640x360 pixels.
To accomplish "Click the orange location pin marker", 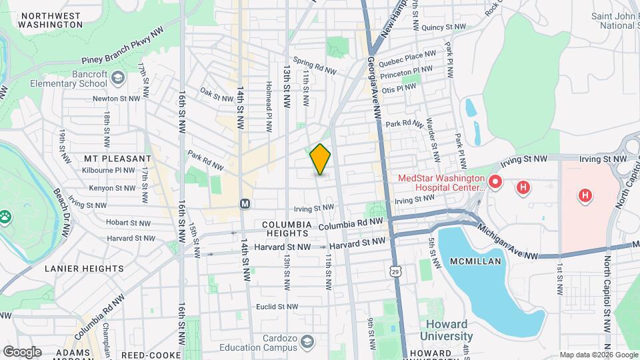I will pyautogui.click(x=321, y=159).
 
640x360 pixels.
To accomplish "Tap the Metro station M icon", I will pyautogui.click(x=245, y=203).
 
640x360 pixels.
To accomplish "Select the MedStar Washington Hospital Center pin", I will pyautogui.click(x=495, y=181).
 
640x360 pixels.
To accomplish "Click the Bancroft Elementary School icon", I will pyautogui.click(x=118, y=79).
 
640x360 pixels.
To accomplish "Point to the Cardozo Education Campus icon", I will pyautogui.click(x=307, y=342).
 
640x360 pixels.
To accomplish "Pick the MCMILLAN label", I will pyautogui.click(x=476, y=261).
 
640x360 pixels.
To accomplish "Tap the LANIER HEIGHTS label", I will pyautogui.click(x=84, y=269).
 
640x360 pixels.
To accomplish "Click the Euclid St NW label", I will pyautogui.click(x=277, y=307).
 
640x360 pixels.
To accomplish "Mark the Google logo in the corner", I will pyautogui.click(x=22, y=351).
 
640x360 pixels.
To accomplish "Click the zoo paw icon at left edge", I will pyautogui.click(x=6, y=216).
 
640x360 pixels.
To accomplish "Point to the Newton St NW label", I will pyautogui.click(x=117, y=97).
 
